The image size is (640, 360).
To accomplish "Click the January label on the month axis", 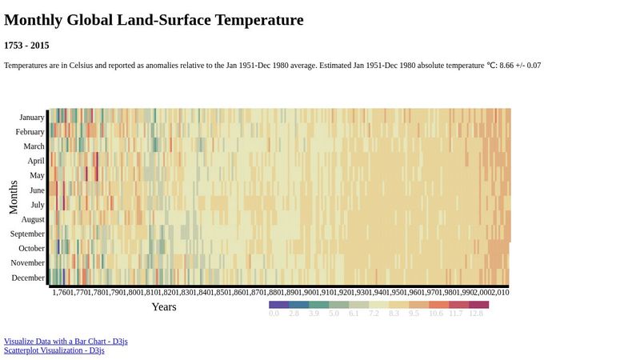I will tap(32, 118).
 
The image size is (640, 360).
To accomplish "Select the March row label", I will tap(34, 146).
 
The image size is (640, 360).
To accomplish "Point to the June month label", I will tap(37, 190).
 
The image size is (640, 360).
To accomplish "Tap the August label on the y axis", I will tap(33, 219).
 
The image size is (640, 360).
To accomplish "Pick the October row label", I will tap(32, 248).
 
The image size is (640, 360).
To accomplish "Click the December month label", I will tap(29, 278).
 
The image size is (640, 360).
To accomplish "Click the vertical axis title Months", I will tap(14, 197).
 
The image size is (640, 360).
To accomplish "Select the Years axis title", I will tap(164, 307).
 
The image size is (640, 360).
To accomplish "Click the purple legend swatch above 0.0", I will tap(278, 305).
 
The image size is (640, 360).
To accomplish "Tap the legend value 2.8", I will tap(294, 314).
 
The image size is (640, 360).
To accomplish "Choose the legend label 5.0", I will tap(334, 314).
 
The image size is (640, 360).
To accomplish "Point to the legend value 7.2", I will tap(374, 314).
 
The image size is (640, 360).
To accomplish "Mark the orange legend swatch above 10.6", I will tap(438, 305).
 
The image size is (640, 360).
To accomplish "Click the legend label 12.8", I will tap(476, 314).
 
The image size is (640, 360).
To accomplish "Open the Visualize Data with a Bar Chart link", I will tap(66, 342).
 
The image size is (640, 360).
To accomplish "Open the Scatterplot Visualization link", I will tap(54, 350).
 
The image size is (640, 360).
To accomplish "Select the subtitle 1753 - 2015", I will tap(26, 46).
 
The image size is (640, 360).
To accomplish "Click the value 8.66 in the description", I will tap(509, 65).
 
